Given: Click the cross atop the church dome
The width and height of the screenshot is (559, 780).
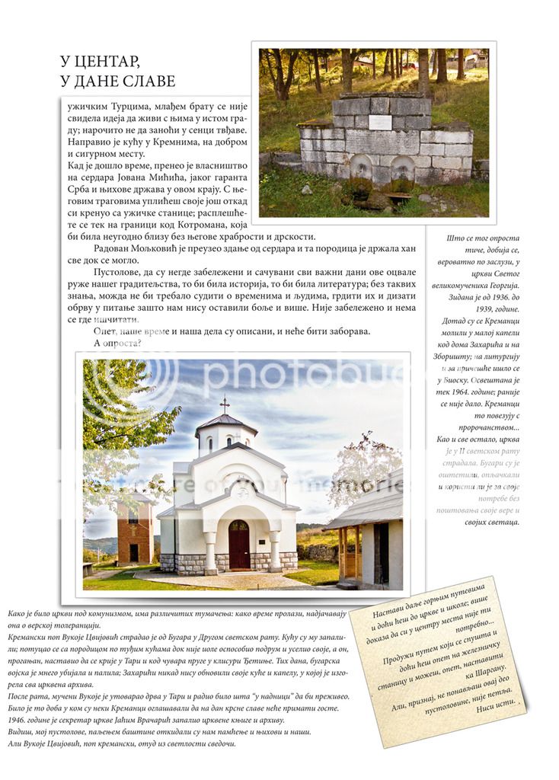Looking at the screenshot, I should pyautogui.click(x=224, y=404).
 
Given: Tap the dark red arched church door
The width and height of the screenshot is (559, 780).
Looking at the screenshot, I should pyautogui.click(x=238, y=545).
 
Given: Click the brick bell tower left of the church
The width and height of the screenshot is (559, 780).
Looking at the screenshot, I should pyautogui.click(x=135, y=530).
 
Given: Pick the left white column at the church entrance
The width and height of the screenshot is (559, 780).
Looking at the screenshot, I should pyautogui.click(x=210, y=550).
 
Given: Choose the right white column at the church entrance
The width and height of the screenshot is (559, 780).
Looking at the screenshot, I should pyautogui.click(x=274, y=550).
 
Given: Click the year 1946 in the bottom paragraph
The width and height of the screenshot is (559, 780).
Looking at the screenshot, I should pyautogui.click(x=19, y=720).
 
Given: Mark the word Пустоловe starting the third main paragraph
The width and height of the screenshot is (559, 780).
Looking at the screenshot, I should pyautogui.click(x=121, y=272).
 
